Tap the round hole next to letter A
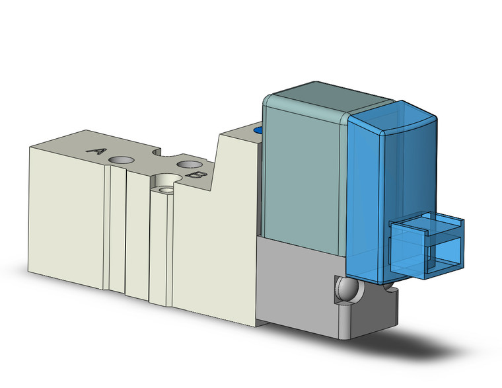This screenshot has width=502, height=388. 122,160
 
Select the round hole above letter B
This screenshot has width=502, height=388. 188,163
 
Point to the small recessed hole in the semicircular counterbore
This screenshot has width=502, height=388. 165,190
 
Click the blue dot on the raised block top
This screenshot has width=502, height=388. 259,131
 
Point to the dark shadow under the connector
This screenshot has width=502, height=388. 429,344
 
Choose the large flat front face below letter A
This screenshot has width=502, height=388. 66,212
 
